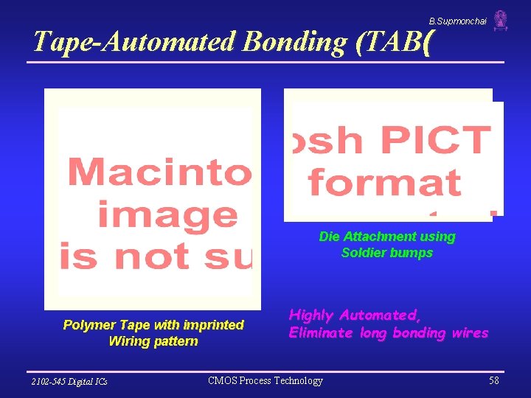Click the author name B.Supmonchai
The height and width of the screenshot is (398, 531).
[x=458, y=21]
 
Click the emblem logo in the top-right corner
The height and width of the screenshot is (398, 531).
[x=501, y=21]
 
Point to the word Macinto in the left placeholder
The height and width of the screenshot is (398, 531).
[x=159, y=172]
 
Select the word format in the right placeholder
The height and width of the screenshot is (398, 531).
[x=384, y=181]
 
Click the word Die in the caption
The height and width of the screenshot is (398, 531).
[x=329, y=237]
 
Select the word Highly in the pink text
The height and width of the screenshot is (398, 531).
[x=312, y=315]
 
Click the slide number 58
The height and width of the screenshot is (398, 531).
[x=493, y=380]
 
